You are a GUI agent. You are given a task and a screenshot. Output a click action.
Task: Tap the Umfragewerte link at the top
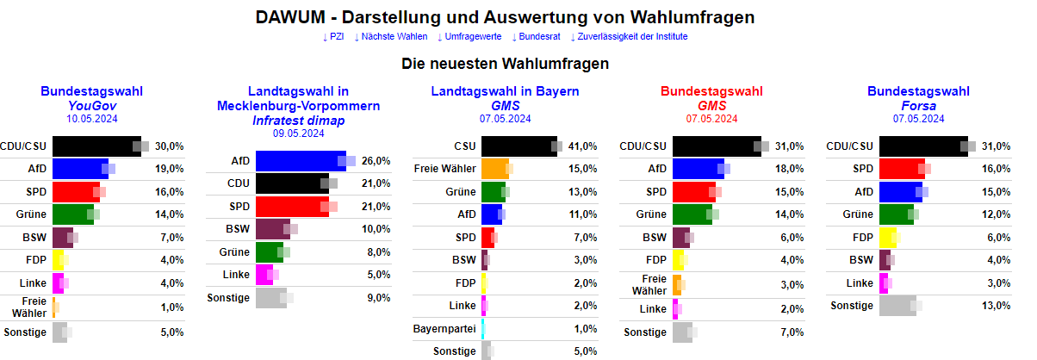click(x=469, y=36)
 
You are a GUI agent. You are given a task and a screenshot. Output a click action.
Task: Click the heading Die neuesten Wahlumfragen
click(x=505, y=64)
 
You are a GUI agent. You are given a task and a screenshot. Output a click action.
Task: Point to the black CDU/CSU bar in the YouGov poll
click(x=95, y=146)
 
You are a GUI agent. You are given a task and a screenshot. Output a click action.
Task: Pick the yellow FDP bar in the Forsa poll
click(x=888, y=238)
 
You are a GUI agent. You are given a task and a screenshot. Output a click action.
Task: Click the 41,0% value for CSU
click(x=583, y=146)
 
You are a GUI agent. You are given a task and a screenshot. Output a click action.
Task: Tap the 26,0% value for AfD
click(x=376, y=161)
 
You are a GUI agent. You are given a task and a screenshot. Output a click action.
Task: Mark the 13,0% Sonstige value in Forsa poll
click(x=997, y=306)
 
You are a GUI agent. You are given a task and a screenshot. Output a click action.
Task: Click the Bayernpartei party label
click(x=447, y=329)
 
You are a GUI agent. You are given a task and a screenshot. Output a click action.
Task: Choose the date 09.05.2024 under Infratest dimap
click(x=298, y=133)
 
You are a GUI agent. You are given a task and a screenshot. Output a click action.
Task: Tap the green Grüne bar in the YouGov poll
click(x=72, y=214)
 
